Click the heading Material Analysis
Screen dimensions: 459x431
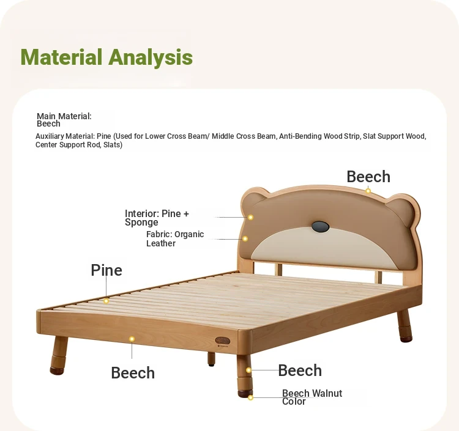(106, 57)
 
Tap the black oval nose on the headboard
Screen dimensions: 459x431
(320, 227)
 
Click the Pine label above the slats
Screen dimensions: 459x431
(106, 270)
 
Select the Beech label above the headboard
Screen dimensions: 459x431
(368, 177)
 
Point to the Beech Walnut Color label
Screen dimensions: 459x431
(312, 397)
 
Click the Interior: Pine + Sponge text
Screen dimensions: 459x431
(157, 218)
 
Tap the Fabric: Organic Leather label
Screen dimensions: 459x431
(175, 238)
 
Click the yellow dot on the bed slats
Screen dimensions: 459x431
(106, 301)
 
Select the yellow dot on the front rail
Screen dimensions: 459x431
(132, 339)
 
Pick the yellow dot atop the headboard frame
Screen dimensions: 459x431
(368, 191)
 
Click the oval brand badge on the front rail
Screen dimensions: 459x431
(223, 341)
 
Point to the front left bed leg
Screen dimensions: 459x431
(59, 356)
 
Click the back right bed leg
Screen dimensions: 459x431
(405, 326)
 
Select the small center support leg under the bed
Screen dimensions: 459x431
(211, 359)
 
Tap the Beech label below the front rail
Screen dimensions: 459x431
(133, 373)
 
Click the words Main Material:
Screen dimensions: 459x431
(64, 116)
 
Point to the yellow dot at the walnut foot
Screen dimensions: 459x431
(250, 397)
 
